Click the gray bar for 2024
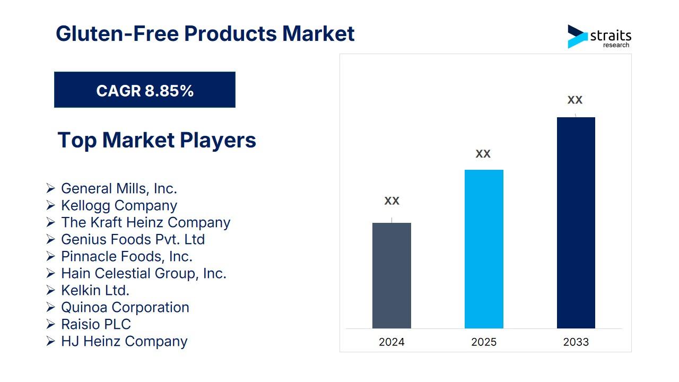coord(391,275)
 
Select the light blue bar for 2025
coord(484,249)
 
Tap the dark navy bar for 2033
coord(576,223)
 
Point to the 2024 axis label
coord(391,342)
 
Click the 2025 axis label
coord(484,342)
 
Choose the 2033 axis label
coord(576,342)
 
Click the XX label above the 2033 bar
coord(575,100)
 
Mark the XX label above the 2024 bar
coord(391,201)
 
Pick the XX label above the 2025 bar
coord(483,154)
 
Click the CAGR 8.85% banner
coord(145,90)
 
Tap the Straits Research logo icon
coord(577,36)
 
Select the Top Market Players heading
coord(156,140)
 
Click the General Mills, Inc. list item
coord(119,188)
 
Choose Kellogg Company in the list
coord(119,205)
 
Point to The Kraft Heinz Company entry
coord(145,222)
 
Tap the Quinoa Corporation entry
coord(125,307)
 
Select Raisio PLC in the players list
coord(95,324)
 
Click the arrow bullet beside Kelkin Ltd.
coord(50,290)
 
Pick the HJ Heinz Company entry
coord(124,341)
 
